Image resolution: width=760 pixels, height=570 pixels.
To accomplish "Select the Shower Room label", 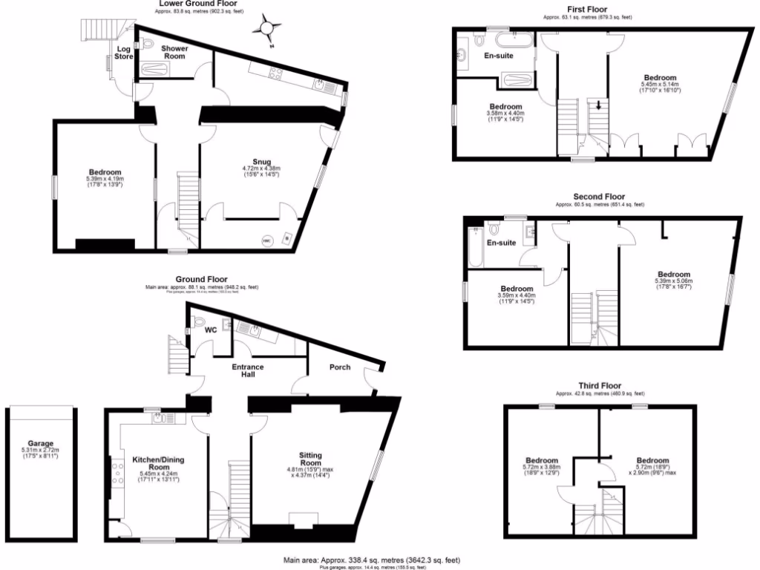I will point(175,52).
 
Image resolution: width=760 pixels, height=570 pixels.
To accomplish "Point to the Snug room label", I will point(261,162).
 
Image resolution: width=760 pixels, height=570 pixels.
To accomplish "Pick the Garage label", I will point(41,444).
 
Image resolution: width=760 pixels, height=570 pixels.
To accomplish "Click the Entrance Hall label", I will point(248,370).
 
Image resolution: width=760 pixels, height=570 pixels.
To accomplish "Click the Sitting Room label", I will point(310,458).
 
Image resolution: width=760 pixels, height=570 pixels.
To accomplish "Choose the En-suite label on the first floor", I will point(499,55).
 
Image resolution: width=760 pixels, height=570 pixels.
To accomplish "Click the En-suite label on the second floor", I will point(502,243).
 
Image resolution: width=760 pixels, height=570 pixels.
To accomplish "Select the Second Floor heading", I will point(598,197).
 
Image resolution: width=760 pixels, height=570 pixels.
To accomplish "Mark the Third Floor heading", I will point(600,386).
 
